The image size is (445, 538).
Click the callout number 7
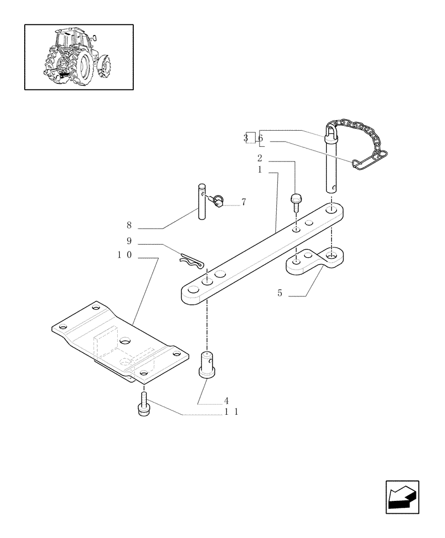pos(243,202)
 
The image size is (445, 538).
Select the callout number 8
pos(129,225)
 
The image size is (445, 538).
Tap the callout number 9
pos(129,241)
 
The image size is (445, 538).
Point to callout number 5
pos(280,293)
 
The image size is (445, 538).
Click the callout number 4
pos(226,401)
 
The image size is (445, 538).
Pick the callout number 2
pos(260,158)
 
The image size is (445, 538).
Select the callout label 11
pos(231,412)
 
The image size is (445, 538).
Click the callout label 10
pos(125,255)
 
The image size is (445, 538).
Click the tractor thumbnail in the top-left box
pos(79,56)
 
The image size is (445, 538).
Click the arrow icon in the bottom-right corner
pos(401,497)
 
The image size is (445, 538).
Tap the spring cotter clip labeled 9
pos(191,262)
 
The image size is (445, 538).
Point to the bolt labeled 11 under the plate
pos(143,405)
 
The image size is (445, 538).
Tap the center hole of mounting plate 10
pos(125,341)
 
